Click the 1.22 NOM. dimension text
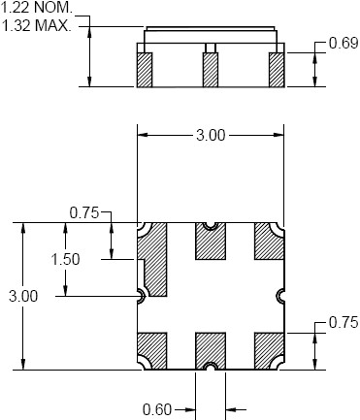tap(36, 7)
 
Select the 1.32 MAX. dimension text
tap(36, 25)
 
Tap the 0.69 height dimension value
tap(344, 43)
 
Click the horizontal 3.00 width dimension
tap(211, 135)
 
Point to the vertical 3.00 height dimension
tap(23, 296)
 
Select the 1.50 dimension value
tap(66, 259)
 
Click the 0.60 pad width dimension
tap(157, 410)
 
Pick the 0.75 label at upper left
tap(84, 212)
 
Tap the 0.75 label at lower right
tap(344, 322)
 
